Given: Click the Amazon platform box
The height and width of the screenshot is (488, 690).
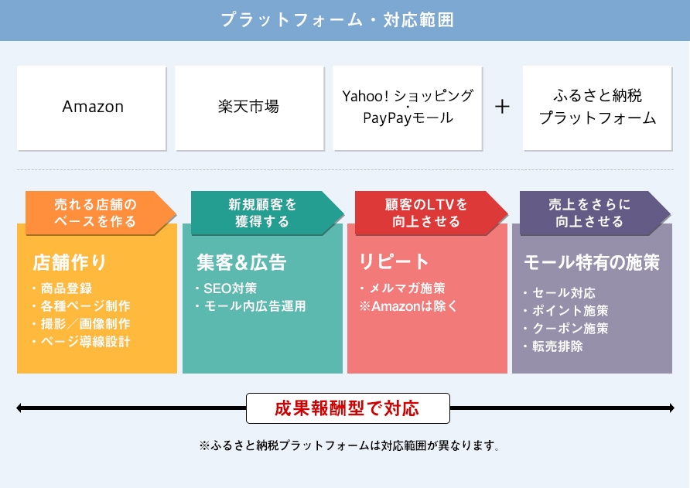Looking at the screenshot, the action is (91, 108).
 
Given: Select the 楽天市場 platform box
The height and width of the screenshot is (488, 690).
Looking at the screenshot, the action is (250, 108).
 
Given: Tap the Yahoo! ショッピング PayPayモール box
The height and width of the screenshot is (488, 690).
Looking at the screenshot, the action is (408, 108).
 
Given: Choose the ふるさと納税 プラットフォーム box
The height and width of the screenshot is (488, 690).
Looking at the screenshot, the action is (597, 108).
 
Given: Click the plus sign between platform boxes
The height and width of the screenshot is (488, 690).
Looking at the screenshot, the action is (502, 107).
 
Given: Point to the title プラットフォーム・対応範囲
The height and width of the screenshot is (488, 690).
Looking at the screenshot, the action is (337, 20).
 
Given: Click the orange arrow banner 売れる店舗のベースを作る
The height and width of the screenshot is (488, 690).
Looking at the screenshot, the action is (101, 213).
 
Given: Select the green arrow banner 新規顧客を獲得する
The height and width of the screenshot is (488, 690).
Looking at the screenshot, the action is (267, 213).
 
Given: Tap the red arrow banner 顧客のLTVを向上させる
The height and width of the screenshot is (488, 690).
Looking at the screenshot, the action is (432, 213).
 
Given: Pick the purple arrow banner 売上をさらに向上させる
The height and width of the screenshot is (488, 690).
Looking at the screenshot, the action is (595, 213).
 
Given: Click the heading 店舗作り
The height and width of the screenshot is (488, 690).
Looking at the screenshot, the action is (70, 262).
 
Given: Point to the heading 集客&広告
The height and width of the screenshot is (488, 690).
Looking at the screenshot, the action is (241, 262).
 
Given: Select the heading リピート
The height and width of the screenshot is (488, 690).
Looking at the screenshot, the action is (394, 261).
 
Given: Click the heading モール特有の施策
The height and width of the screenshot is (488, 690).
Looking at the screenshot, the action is (592, 262).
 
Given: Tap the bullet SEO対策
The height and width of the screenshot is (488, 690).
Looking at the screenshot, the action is (226, 288).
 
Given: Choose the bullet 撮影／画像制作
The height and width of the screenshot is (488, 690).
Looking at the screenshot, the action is (82, 324).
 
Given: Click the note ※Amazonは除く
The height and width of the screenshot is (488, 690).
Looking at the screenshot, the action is (408, 305).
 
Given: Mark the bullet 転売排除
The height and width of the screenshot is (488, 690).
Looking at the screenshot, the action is (554, 346).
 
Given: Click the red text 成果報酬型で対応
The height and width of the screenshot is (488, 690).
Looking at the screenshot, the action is (347, 408).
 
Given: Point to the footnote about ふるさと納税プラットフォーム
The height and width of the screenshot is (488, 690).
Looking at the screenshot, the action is (350, 445).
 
